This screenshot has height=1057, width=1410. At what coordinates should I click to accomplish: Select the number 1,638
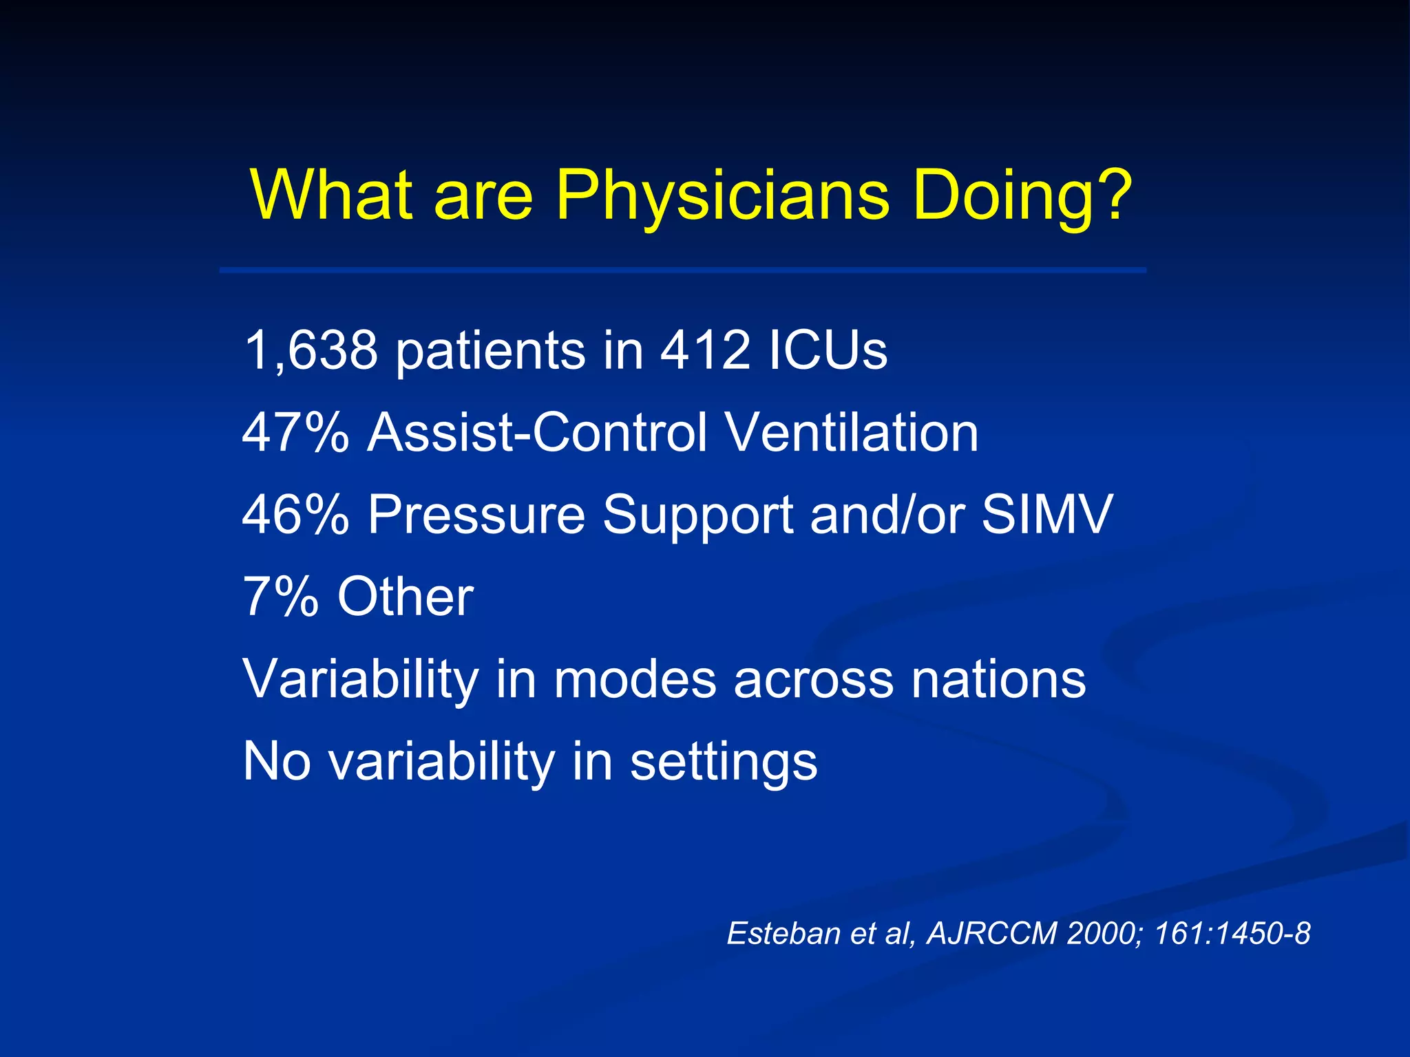(311, 350)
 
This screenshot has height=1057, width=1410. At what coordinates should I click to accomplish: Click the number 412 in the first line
(704, 350)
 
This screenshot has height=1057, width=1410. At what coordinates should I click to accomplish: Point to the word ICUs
(828, 350)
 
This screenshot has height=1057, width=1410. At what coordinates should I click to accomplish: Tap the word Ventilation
(852, 433)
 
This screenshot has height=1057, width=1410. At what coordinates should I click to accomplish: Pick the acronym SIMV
(1046, 515)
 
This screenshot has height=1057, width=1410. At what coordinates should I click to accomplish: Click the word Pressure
(476, 515)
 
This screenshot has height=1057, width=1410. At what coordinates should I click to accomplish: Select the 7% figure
(280, 597)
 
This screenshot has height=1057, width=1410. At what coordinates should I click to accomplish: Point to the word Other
(405, 597)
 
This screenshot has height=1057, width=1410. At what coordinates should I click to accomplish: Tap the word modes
(635, 679)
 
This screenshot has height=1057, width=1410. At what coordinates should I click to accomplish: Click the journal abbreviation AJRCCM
(992, 934)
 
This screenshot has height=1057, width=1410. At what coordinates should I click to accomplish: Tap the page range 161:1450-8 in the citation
(1232, 934)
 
